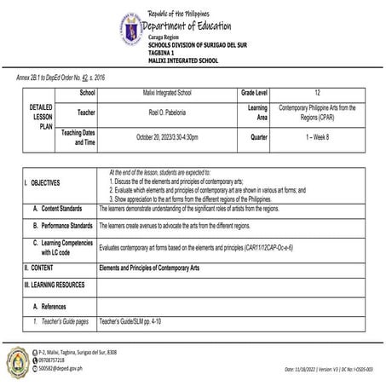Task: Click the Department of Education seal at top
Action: pyautogui.click(x=130, y=28)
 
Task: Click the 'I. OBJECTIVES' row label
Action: pyautogui.click(x=42, y=183)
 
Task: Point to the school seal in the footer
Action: pyautogui.click(x=18, y=361)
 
